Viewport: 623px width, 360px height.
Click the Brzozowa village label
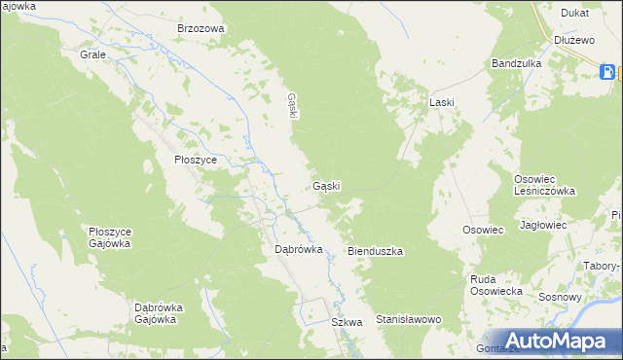tap(201, 28)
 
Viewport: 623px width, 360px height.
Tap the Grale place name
tap(92, 54)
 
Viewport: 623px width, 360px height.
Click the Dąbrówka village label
tap(298, 249)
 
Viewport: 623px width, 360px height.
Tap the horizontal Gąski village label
tap(326, 186)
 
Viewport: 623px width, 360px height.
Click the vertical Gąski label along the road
tap(292, 105)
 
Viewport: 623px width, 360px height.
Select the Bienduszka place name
tap(376, 251)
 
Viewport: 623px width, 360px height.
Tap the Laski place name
tap(443, 101)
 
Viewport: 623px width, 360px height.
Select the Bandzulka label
tap(516, 63)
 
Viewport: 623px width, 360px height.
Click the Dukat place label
tap(574, 14)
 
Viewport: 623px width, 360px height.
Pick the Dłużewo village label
tap(573, 40)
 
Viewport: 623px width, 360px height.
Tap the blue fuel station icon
tap(607, 71)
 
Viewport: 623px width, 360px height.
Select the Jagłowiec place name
tap(543, 225)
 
